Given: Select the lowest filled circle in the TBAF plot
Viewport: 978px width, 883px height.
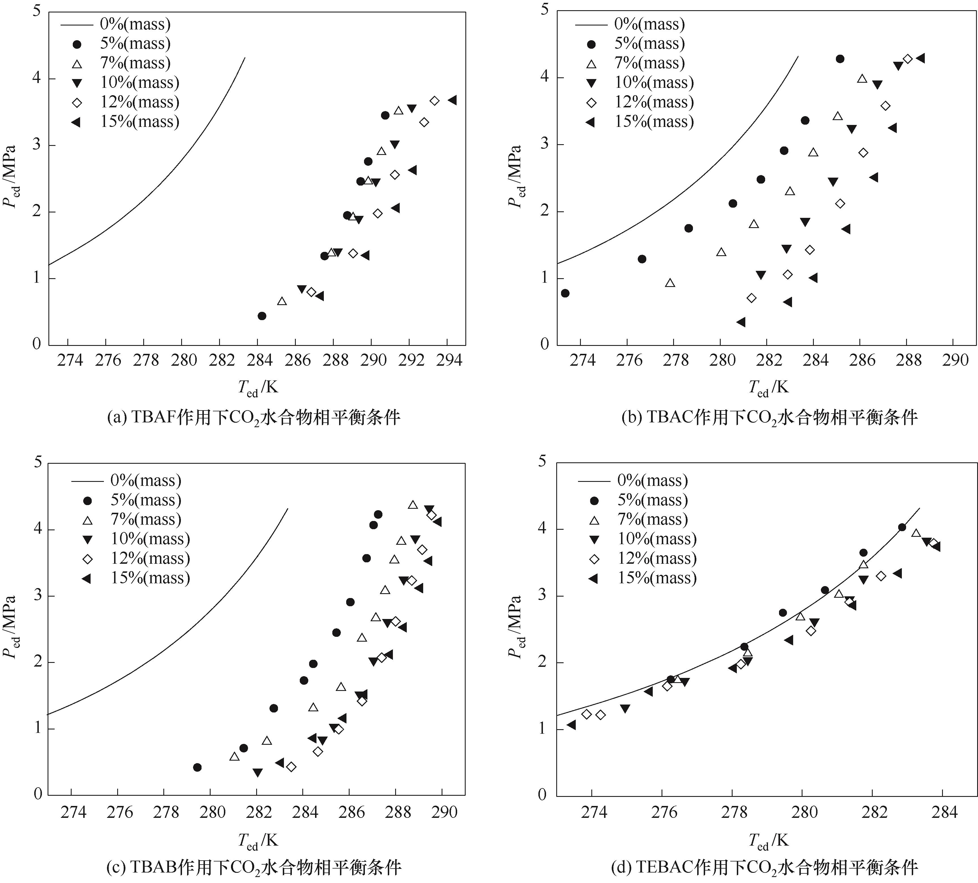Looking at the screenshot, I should [x=262, y=316].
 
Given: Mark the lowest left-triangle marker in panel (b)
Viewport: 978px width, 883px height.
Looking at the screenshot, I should [x=741, y=322].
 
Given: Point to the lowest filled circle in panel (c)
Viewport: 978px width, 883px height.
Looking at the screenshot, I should [x=197, y=767].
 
